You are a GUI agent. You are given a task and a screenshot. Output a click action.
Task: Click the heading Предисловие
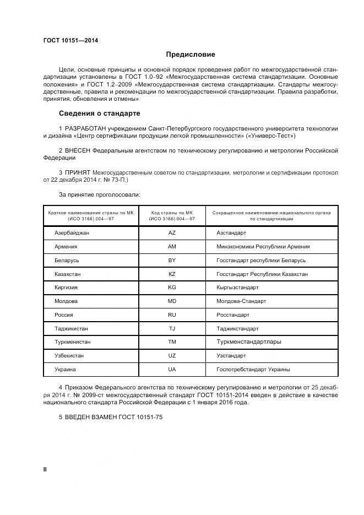coord(191,55)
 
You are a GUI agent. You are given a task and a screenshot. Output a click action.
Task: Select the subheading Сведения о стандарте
coord(99,113)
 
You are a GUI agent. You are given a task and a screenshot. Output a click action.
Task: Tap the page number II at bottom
coord(45,469)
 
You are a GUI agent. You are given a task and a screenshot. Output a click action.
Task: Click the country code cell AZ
coord(172,233)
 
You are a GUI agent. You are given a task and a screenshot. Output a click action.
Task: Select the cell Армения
coord(66,247)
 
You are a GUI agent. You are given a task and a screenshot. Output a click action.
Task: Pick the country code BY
coord(172,260)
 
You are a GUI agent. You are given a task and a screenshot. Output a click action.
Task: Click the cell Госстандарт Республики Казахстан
coord(262,274)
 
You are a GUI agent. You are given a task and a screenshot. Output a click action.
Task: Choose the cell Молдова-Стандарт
coord(241,301)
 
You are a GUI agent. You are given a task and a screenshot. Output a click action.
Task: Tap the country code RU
coord(172,315)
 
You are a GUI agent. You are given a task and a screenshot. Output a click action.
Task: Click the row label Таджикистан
coord(71,329)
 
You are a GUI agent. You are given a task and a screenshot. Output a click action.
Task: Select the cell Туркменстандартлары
coord(249,342)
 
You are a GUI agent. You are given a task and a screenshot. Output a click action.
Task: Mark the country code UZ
coord(172,356)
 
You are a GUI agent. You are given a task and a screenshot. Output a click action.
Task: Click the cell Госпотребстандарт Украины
coord(253,370)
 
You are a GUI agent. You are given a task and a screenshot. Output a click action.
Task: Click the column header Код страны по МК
coord(172,212)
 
